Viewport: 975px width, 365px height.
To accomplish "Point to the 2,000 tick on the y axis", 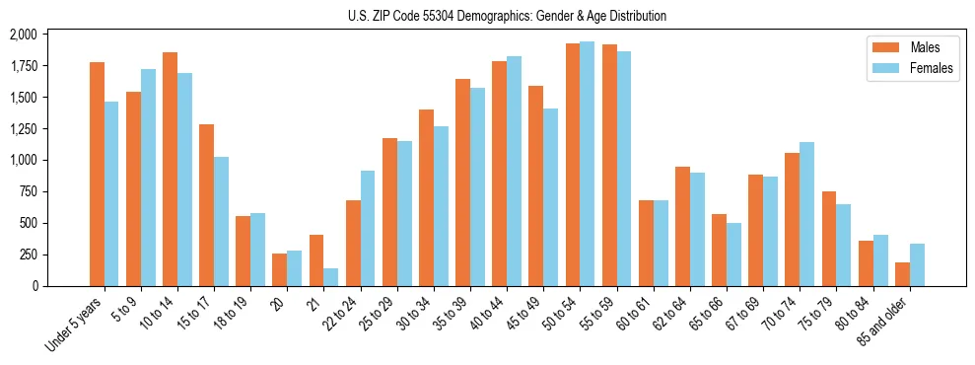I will tap(23, 35).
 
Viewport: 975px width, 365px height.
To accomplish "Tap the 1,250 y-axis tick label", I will tap(23, 129).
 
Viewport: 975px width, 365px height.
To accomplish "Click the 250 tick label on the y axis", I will tap(29, 255).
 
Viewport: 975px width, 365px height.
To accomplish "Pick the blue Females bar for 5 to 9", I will tap(148, 178).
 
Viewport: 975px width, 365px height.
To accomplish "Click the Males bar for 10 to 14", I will tap(170, 169).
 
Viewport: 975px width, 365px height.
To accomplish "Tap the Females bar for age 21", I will tap(331, 277).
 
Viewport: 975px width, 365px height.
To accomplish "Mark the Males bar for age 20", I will tap(280, 269).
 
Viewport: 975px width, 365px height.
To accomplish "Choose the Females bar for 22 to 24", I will tap(368, 228).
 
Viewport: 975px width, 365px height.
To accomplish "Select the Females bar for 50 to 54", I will tap(588, 164).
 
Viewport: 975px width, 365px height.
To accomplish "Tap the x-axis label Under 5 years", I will tap(76, 322).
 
